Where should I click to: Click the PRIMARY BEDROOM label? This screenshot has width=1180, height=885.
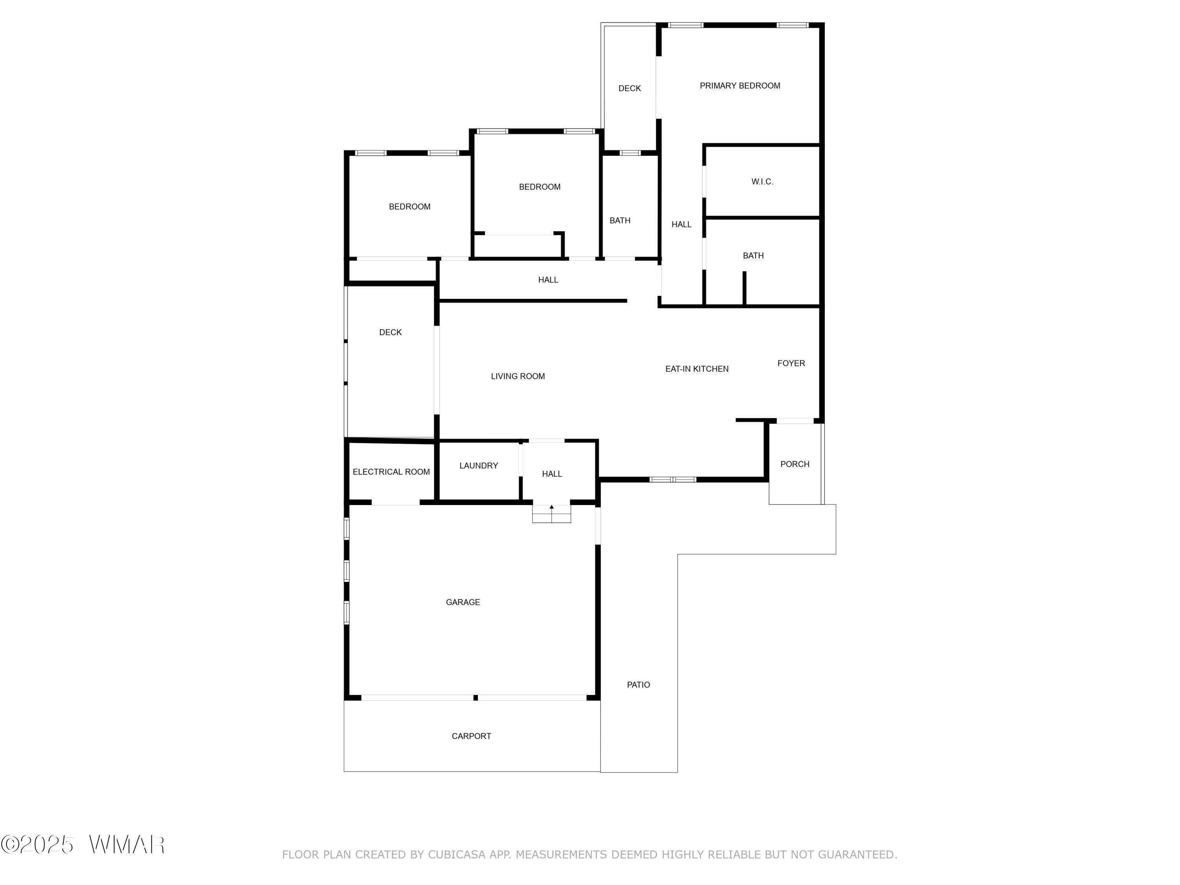tap(740, 86)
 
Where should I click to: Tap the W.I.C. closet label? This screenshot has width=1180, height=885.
tap(762, 182)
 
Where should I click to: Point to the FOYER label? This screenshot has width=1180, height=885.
tap(791, 363)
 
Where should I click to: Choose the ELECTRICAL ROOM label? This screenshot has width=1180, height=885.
tap(391, 472)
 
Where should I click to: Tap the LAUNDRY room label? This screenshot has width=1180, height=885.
tap(479, 466)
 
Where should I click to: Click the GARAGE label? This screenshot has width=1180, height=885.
tap(463, 602)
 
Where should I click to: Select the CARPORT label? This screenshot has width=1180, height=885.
tap(472, 736)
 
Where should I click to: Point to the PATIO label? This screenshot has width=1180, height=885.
tap(638, 685)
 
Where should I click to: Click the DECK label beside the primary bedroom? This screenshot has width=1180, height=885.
tap(629, 88)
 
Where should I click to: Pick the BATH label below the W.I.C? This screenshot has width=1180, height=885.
tap(753, 256)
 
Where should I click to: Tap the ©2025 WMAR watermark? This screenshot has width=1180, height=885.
tap(83, 845)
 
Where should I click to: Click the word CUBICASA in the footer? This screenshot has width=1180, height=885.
tap(457, 855)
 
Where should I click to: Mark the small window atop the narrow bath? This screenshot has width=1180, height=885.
tap(630, 153)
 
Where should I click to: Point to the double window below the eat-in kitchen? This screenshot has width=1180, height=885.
tap(673, 479)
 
